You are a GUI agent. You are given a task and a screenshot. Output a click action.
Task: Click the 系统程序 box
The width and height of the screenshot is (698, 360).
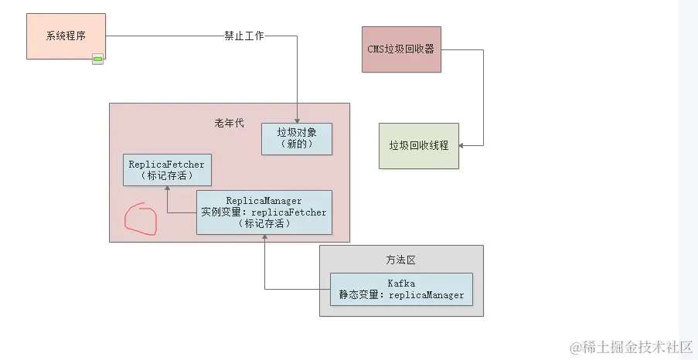(66, 36)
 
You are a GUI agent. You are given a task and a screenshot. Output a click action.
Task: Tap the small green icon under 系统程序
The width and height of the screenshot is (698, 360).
(98, 59)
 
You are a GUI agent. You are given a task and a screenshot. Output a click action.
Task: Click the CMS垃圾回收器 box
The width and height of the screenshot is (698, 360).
(401, 49)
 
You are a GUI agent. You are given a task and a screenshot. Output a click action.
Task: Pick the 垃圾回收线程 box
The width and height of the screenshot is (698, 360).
(418, 145)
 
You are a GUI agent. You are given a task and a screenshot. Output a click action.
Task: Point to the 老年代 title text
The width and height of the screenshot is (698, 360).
(229, 123)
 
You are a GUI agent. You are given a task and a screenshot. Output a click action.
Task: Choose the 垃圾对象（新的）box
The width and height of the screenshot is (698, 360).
(297, 139)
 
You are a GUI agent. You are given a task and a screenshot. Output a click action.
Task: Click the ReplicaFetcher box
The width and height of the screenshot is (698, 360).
(167, 170)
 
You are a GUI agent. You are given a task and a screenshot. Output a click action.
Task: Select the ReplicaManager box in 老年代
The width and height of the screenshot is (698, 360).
(264, 212)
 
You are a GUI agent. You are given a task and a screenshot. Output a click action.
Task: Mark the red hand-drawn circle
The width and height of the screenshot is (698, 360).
(141, 219)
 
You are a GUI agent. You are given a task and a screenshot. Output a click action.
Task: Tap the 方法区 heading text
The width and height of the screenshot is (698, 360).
(401, 260)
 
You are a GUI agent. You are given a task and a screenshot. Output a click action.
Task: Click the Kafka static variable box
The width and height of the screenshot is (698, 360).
(401, 290)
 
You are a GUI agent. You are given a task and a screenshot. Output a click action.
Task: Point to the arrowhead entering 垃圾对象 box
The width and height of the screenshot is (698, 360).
(297, 120)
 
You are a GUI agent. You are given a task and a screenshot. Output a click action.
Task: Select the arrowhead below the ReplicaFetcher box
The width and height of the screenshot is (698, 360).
(167, 189)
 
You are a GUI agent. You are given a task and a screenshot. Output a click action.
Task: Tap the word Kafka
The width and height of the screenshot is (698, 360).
(401, 284)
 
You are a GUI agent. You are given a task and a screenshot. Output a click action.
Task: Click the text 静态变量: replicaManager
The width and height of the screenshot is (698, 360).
(401, 295)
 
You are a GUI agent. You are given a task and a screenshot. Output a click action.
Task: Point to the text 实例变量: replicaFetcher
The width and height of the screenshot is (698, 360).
(264, 212)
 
